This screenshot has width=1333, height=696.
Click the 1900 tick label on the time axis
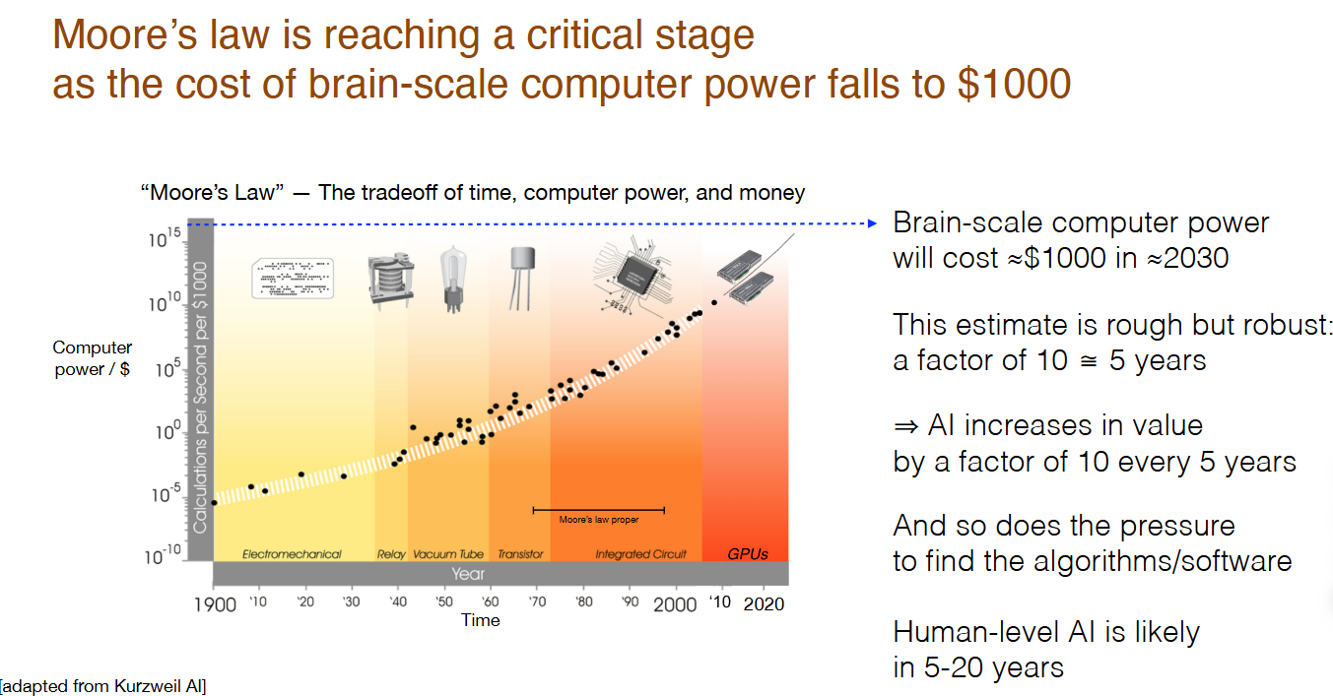click(x=215, y=604)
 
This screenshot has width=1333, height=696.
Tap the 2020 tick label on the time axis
click(x=764, y=603)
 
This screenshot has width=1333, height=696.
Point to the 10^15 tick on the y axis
click(x=165, y=237)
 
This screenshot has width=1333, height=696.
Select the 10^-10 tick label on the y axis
click(x=164, y=554)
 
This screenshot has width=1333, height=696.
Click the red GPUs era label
click(x=748, y=554)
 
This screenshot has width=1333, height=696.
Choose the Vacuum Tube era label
click(x=448, y=554)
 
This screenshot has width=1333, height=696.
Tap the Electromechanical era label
click(x=292, y=554)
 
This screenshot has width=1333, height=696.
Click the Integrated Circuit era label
click(x=641, y=554)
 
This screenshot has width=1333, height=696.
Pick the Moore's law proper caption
click(x=599, y=520)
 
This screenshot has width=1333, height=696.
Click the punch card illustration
click(x=293, y=278)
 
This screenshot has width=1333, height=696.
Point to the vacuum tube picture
click(x=453, y=279)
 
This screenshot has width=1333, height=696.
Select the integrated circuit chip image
click(x=633, y=275)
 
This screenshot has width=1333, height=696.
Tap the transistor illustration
click(x=522, y=279)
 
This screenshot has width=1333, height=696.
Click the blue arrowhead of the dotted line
click(x=872, y=223)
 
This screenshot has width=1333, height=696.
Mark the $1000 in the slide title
click(x=1015, y=84)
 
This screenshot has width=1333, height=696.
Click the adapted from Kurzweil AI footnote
click(x=102, y=686)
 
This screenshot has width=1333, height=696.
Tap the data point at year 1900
click(x=214, y=503)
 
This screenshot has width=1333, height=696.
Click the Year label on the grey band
click(x=468, y=574)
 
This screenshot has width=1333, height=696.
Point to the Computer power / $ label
click(x=93, y=358)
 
